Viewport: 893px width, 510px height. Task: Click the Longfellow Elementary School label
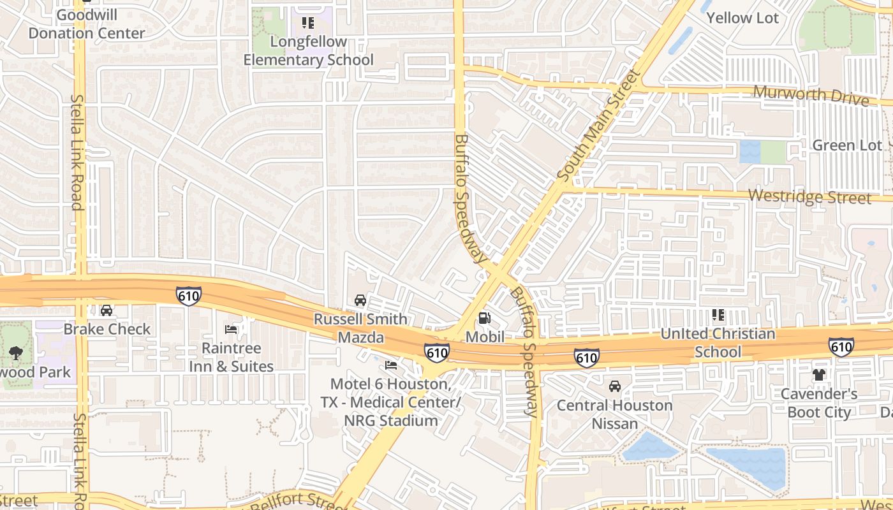309,51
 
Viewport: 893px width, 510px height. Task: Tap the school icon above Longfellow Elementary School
308,24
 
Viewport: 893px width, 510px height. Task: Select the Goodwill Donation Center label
87,24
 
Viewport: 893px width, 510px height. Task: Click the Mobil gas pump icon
485,318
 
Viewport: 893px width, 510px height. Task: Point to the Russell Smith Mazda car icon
360,300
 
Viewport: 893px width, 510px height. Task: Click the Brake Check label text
107,329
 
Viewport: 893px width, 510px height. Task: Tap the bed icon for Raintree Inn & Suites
231,329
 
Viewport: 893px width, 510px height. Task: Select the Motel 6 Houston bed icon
391,365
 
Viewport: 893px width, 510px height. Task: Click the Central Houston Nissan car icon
615,386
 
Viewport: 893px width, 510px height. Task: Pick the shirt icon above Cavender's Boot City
819,375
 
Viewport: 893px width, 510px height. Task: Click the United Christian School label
718,342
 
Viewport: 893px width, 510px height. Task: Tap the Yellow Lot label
742,18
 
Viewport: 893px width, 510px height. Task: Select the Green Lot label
846,145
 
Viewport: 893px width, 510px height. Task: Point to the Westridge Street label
809,196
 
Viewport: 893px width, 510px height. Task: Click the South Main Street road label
598,125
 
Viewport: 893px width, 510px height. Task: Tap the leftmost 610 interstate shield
189,296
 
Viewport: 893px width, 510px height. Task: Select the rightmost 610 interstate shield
841,347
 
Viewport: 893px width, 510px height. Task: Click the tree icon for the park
16,353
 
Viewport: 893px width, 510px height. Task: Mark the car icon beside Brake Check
107,310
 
